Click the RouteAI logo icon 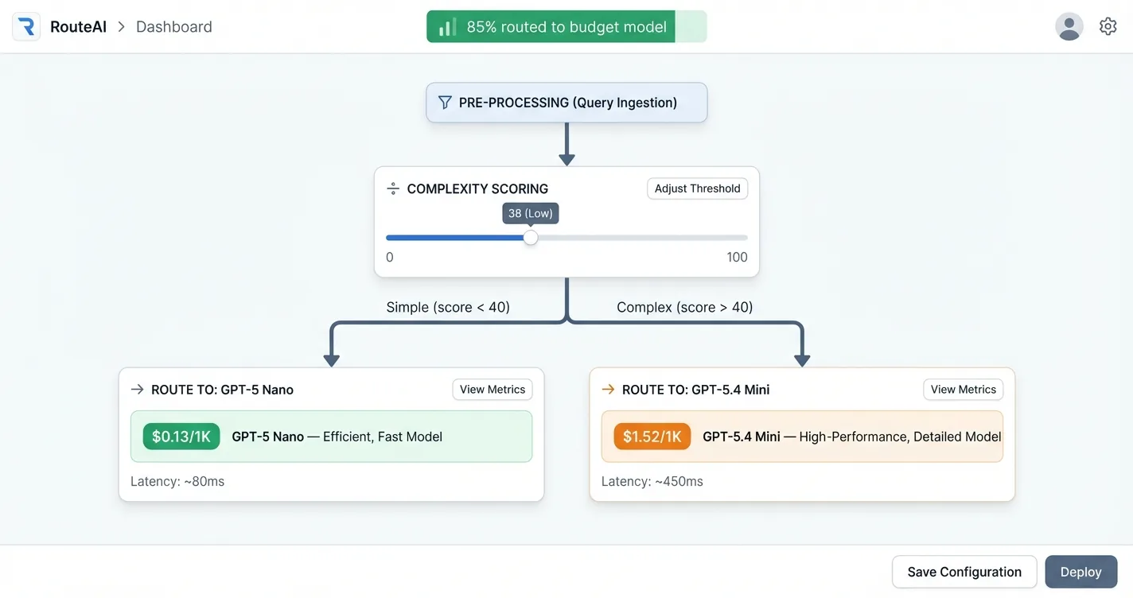point(26,27)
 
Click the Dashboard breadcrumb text point(173,27)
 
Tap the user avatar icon point(1069,27)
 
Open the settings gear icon point(1108,27)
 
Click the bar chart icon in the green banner point(447,27)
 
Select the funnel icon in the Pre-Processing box point(445,103)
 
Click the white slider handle point(531,238)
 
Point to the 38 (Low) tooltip point(531,213)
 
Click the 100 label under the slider point(737,257)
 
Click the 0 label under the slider point(390,257)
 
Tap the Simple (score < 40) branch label point(448,307)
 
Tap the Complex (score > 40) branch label point(684,307)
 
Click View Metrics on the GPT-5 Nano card point(493,390)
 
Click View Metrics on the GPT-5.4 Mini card point(963,390)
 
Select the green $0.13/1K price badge point(181,437)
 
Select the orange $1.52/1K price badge point(652,437)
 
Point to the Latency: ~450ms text point(652,481)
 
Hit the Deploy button point(1080,572)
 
